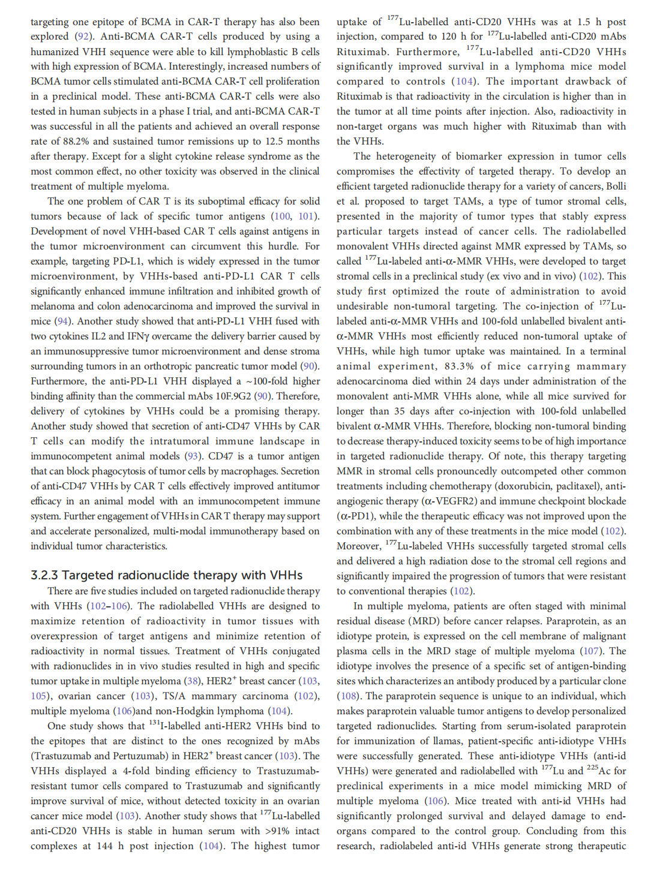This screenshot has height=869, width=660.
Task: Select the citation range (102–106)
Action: tap(109, 606)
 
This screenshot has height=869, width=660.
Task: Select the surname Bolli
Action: tap(616, 187)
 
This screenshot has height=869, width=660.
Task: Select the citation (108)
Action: tap(348, 696)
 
